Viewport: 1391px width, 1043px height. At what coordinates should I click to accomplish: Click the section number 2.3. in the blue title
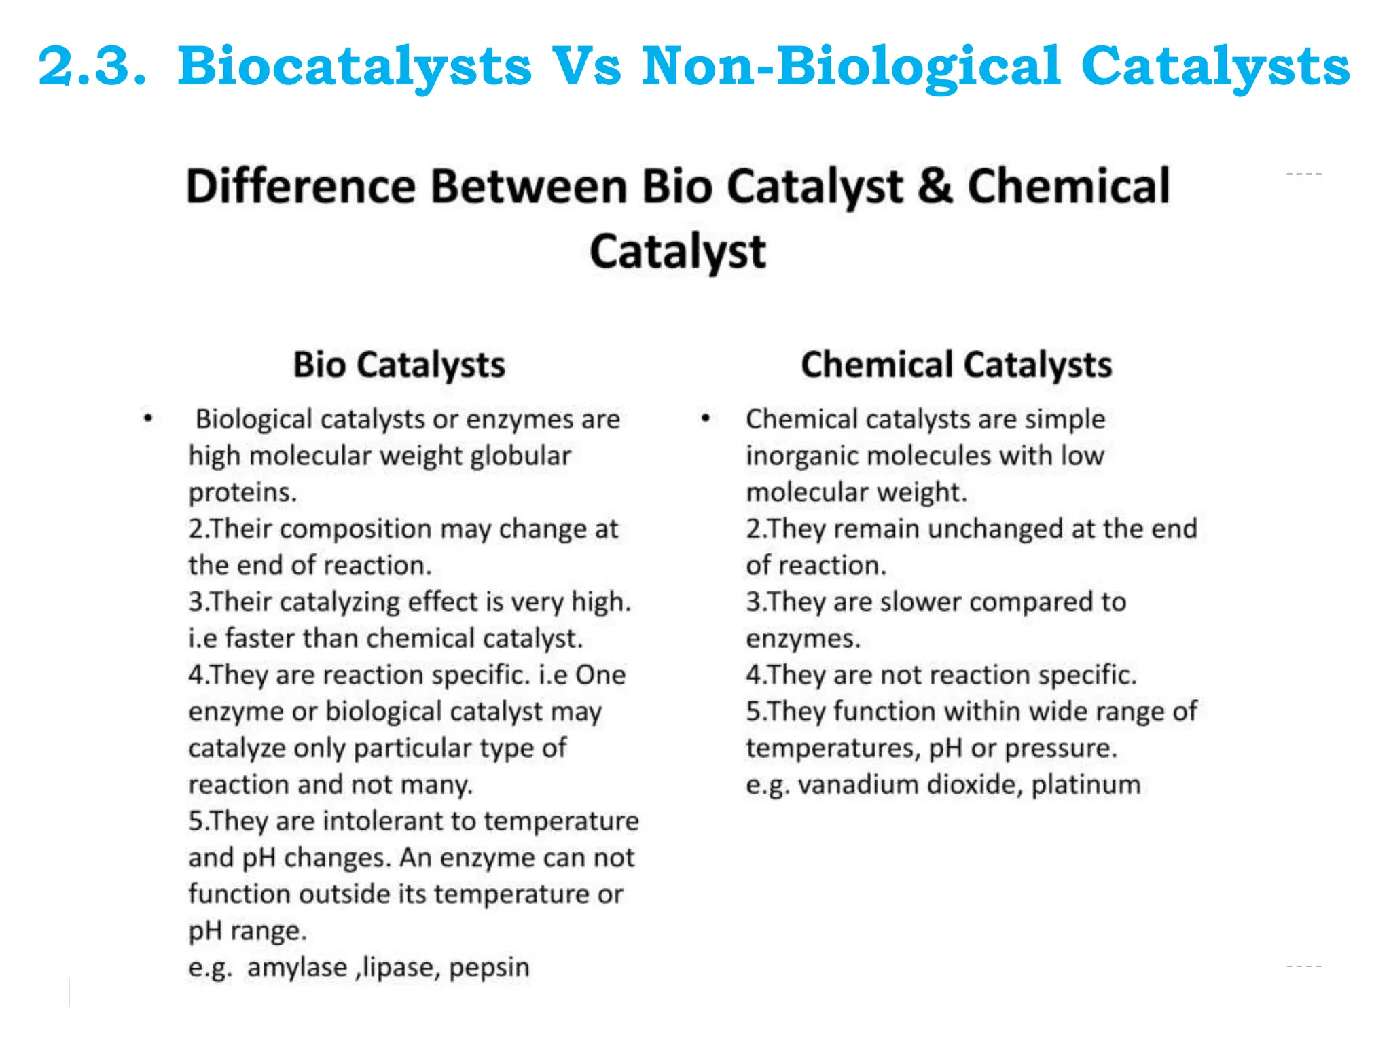click(92, 67)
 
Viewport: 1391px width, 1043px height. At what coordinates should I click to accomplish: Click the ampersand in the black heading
click(935, 187)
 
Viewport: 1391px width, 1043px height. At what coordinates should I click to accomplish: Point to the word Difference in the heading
click(300, 187)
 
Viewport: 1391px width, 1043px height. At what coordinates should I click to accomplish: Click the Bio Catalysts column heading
click(399, 365)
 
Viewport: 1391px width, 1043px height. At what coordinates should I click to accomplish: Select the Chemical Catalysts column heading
click(956, 365)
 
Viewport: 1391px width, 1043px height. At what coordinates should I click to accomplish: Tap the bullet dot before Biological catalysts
click(148, 418)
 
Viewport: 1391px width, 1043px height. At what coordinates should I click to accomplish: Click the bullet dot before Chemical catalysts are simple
click(706, 418)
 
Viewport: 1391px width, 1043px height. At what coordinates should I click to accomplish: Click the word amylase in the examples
click(297, 967)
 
